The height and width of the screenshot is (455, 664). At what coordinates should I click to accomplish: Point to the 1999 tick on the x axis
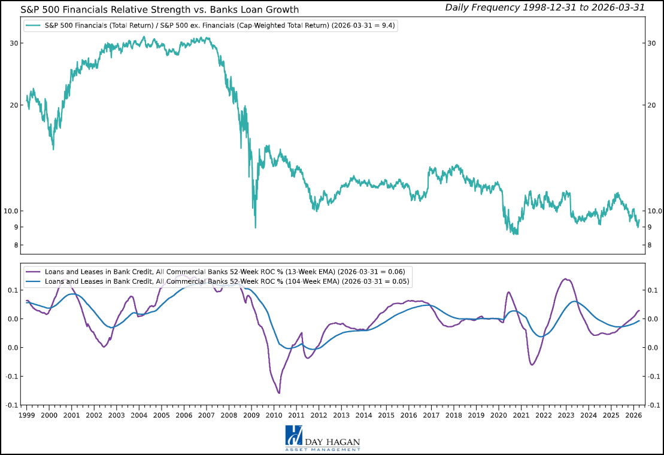tap(27, 415)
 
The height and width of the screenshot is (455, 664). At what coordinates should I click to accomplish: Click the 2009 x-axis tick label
tap(251, 415)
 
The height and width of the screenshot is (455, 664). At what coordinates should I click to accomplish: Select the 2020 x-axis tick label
tap(499, 415)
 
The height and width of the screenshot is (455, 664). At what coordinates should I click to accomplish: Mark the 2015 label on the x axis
tap(386, 415)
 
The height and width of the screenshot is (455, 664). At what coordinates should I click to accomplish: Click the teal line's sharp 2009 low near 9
tap(256, 227)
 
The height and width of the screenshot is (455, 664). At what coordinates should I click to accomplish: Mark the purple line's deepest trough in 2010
tap(279, 393)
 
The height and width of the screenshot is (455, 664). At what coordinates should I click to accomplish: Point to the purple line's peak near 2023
tap(566, 279)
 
